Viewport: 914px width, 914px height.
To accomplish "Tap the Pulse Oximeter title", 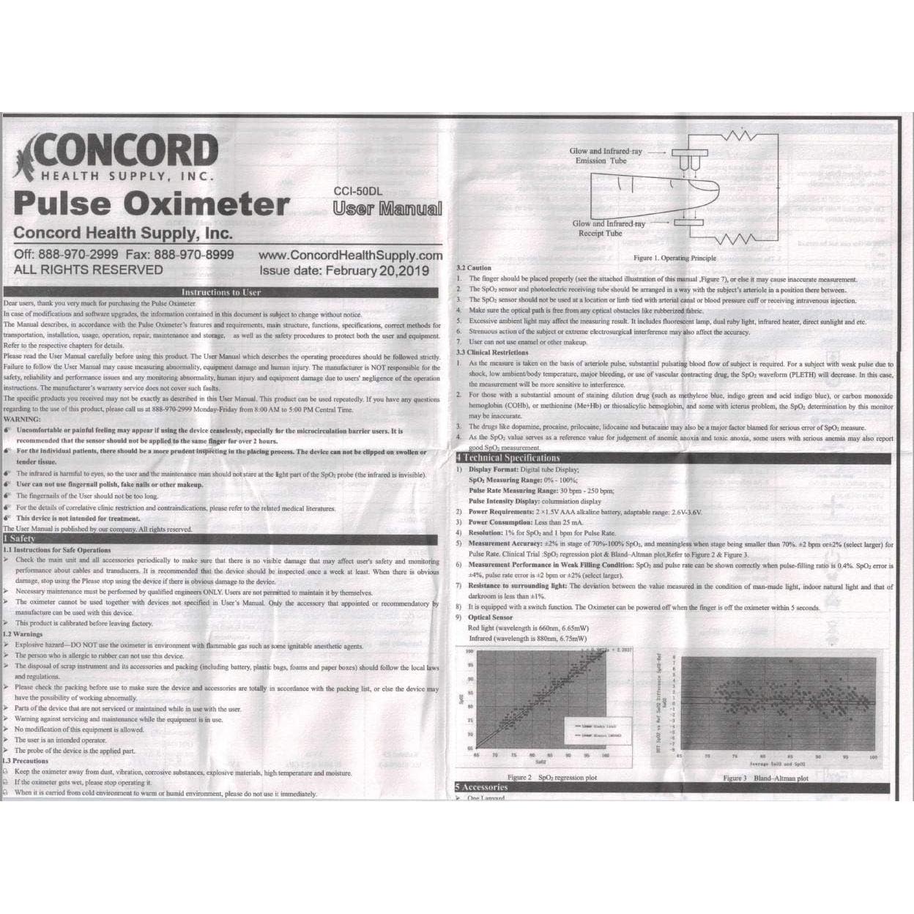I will point(152,204).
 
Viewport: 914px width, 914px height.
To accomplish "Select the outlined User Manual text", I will point(387,209).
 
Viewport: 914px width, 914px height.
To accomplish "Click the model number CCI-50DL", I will point(358,191).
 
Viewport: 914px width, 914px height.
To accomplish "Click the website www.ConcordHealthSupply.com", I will point(350,256).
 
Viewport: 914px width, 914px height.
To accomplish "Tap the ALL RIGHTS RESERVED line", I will point(89,270).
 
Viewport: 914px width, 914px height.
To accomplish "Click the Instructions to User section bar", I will point(221,292).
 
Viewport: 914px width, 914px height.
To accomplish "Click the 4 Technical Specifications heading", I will point(513,458).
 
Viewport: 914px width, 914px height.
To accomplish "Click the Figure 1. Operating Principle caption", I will point(675,258).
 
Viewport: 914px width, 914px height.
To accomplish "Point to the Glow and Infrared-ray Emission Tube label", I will point(605,156).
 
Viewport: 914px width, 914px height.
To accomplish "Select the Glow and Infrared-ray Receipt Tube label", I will point(608,228).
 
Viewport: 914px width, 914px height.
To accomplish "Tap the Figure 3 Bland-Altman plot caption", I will point(765,778).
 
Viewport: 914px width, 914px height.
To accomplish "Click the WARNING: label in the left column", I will point(22,420).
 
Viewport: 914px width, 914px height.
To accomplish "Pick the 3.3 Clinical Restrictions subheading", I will point(491,352).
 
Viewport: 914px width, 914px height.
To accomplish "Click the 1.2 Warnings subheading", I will point(23,634).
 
